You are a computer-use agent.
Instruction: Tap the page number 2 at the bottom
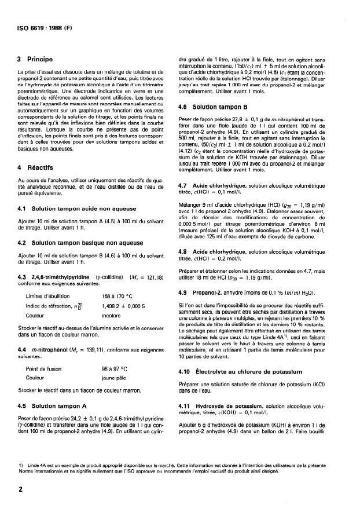pos(20,489)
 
